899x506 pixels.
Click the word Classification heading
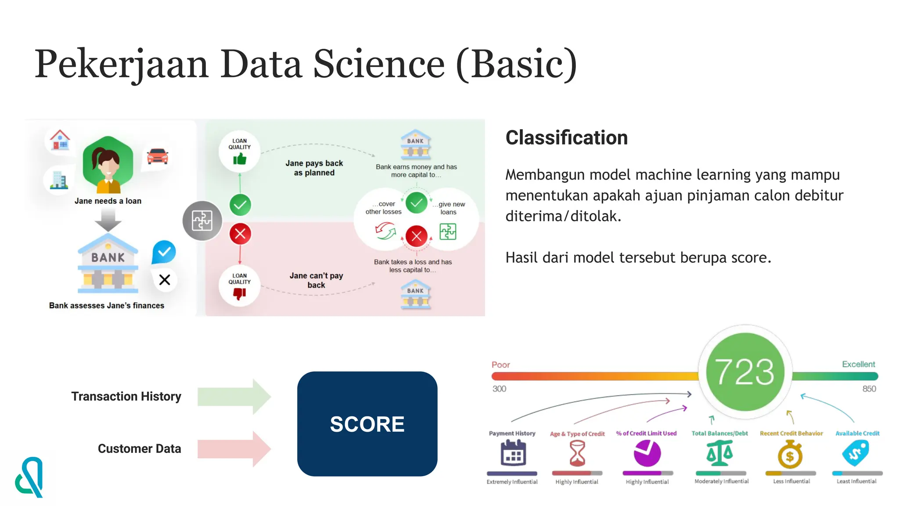pyautogui.click(x=566, y=137)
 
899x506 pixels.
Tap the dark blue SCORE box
pyautogui.click(x=367, y=424)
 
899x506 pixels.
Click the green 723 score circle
pyautogui.click(x=745, y=372)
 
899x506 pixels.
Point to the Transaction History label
pyautogui.click(x=126, y=396)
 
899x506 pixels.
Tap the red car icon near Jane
pyautogui.click(x=158, y=156)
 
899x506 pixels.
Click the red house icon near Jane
pyautogui.click(x=60, y=140)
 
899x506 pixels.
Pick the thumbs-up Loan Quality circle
pyautogui.click(x=239, y=152)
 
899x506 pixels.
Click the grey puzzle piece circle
pyautogui.click(x=202, y=220)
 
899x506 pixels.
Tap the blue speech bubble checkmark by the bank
pyautogui.click(x=164, y=252)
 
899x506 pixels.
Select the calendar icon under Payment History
pyautogui.click(x=513, y=453)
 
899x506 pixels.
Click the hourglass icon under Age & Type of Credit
pyautogui.click(x=577, y=453)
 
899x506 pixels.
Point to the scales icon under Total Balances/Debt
pyautogui.click(x=719, y=453)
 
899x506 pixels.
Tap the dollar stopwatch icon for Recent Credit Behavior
pyautogui.click(x=790, y=455)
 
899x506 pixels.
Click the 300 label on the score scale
pyautogui.click(x=499, y=389)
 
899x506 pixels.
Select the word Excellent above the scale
pyautogui.click(x=858, y=364)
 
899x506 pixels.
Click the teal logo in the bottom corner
pyautogui.click(x=30, y=477)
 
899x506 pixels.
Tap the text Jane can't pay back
pyautogui.click(x=316, y=280)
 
